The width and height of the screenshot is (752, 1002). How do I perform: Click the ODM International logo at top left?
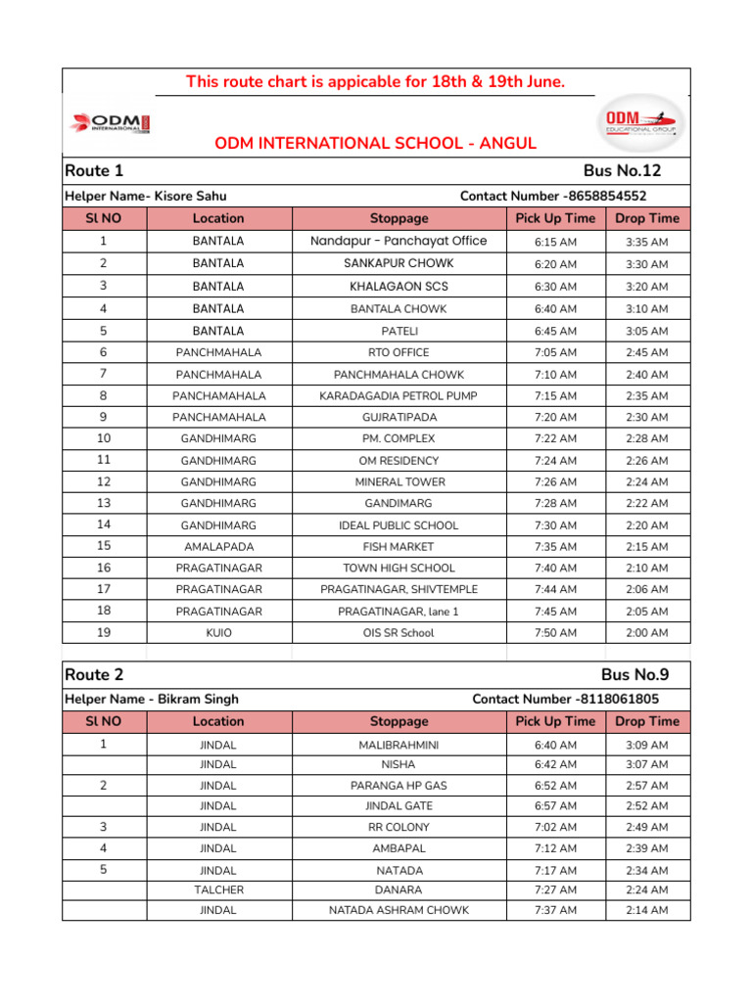click(x=109, y=124)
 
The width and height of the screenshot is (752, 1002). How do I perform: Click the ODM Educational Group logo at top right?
click(x=641, y=122)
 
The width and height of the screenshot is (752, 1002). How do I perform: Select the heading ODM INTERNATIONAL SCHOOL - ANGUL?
click(x=376, y=144)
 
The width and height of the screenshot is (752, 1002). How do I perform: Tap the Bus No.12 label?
click(x=622, y=171)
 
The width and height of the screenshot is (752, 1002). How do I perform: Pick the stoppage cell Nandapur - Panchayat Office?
click(x=399, y=242)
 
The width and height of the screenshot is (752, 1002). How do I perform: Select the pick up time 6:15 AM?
click(x=555, y=242)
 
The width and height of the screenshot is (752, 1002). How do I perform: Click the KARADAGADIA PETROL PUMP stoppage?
click(x=399, y=396)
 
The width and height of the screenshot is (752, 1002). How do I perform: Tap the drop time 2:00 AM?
click(x=646, y=633)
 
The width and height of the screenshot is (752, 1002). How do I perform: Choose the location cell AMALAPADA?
click(x=218, y=547)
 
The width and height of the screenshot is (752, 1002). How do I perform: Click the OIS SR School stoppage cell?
click(x=399, y=633)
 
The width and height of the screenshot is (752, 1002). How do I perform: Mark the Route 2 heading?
click(x=94, y=675)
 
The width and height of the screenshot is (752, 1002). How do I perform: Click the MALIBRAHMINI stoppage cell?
click(x=399, y=746)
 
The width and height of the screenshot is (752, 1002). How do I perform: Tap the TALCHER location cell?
click(x=218, y=890)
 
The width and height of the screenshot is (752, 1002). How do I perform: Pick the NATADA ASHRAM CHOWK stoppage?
click(x=399, y=910)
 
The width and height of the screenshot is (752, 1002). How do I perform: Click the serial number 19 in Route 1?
click(x=104, y=633)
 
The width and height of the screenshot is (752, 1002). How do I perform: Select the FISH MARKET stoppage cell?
click(x=399, y=547)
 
